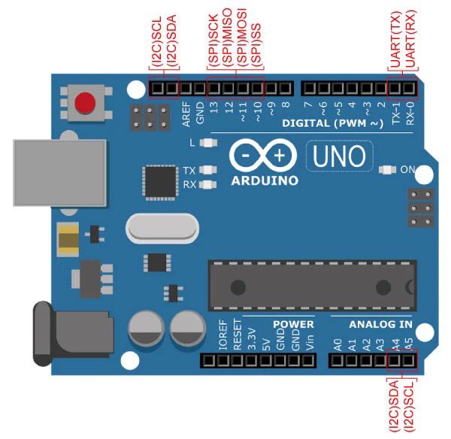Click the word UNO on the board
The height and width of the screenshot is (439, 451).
tap(339, 156)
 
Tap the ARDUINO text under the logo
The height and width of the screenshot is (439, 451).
tap(264, 180)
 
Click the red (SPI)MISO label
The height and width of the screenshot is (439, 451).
tap(228, 46)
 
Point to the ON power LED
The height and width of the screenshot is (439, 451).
tap(387, 170)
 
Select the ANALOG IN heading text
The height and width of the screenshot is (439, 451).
tap(381, 324)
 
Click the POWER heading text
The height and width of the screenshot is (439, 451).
tap(293, 324)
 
